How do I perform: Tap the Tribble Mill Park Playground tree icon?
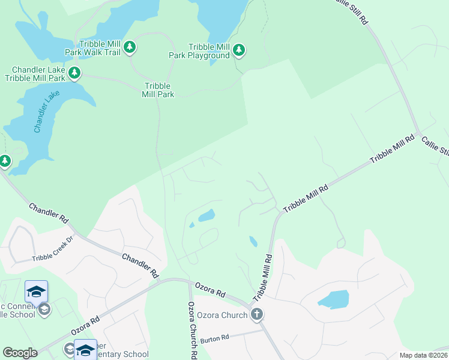pos(239,50)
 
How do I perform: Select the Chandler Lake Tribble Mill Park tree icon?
pos(74,73)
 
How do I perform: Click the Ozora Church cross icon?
pos(257,314)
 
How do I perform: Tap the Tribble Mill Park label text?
pos(158,90)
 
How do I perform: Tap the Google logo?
pos(20,353)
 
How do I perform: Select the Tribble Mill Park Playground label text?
pos(209,51)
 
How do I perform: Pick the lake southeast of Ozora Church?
pos(334,299)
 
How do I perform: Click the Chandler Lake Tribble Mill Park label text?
pos(35,73)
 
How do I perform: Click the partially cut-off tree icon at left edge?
pos(4,161)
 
